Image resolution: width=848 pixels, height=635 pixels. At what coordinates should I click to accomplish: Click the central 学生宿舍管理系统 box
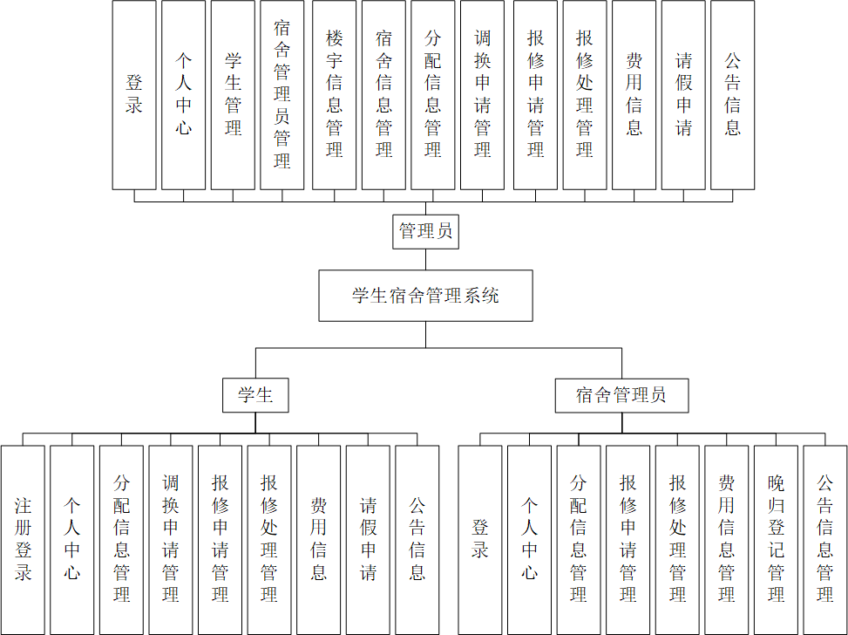pyautogui.click(x=425, y=296)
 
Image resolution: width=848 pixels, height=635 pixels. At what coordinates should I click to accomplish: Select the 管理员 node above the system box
pyautogui.click(x=425, y=232)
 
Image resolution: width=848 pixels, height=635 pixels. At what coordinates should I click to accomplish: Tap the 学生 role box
pyautogui.click(x=255, y=395)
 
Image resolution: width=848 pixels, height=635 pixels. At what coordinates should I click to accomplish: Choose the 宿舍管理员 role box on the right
pyautogui.click(x=621, y=395)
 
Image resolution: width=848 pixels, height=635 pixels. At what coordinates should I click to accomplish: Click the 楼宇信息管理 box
pyautogui.click(x=335, y=94)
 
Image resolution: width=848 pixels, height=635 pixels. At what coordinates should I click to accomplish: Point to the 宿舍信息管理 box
pyautogui.click(x=383, y=94)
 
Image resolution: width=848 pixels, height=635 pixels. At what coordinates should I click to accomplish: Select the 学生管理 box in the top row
pyautogui.click(x=233, y=94)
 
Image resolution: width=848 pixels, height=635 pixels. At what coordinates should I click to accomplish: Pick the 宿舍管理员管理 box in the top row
pyautogui.click(x=282, y=94)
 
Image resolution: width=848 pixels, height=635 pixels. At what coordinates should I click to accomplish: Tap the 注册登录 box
pyautogui.click(x=23, y=539)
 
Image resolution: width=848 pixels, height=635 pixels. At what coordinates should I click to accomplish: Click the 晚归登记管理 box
pyautogui.click(x=776, y=539)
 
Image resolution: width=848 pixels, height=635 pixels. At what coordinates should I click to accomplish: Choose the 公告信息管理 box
pyautogui.click(x=825, y=539)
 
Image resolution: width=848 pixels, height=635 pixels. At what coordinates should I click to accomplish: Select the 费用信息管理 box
pyautogui.click(x=727, y=539)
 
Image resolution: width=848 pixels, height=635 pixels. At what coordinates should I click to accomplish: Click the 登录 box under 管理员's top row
pyautogui.click(x=134, y=94)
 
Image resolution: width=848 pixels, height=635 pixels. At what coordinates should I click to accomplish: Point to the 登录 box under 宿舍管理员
pyautogui.click(x=480, y=539)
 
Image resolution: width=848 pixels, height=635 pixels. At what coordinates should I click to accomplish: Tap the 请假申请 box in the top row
pyautogui.click(x=683, y=94)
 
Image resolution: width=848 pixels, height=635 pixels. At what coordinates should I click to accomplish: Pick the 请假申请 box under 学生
pyautogui.click(x=368, y=539)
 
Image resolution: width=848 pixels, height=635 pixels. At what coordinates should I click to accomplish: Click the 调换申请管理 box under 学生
pyautogui.click(x=171, y=539)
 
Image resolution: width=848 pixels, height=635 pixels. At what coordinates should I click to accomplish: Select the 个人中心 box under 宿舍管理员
pyautogui.click(x=530, y=539)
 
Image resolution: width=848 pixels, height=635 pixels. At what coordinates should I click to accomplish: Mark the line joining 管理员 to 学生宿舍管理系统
pyautogui.click(x=425, y=259)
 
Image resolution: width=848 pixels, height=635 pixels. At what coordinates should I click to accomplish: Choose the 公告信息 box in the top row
pyautogui.click(x=733, y=94)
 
